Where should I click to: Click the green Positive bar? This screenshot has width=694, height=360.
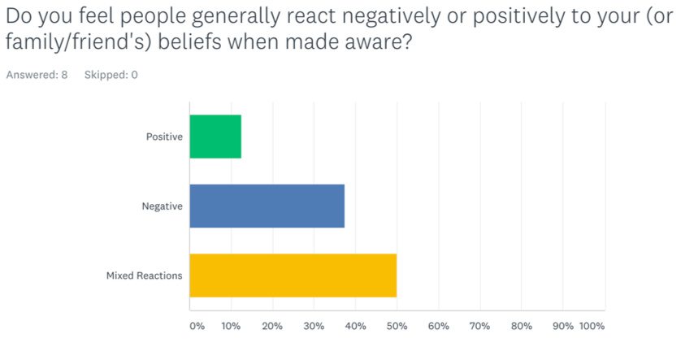click(215, 137)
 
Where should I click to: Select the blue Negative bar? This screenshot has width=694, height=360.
click(267, 206)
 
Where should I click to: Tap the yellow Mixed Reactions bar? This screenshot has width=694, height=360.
click(293, 275)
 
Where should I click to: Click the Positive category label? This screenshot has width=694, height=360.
click(164, 137)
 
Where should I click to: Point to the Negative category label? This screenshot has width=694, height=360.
click(162, 206)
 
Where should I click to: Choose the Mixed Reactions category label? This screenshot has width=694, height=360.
click(145, 275)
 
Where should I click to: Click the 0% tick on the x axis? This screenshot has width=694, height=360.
click(197, 327)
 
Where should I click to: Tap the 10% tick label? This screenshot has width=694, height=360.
click(231, 327)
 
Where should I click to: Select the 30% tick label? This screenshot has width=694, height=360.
click(314, 327)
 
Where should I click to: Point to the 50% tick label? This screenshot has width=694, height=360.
click(397, 327)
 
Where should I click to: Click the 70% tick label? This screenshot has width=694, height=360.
click(479, 327)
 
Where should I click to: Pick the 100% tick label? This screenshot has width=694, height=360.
click(592, 327)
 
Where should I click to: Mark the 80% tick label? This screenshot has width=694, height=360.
click(522, 327)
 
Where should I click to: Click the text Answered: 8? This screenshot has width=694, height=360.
click(37, 75)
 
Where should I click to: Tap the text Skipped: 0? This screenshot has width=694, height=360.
click(111, 75)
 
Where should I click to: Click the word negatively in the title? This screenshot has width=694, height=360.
click(392, 17)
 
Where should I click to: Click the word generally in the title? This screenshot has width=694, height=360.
click(236, 17)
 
